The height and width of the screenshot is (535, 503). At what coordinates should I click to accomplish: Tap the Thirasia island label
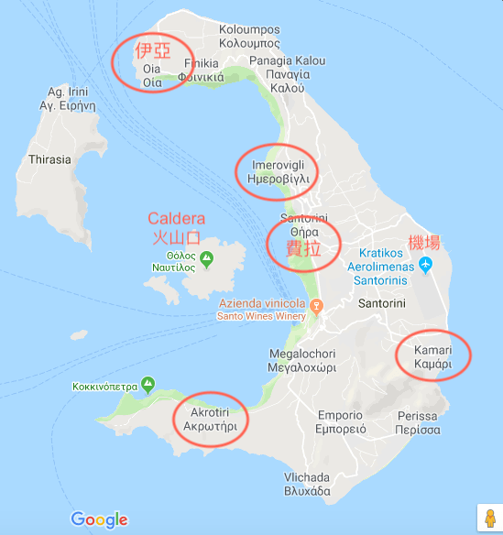[50, 159]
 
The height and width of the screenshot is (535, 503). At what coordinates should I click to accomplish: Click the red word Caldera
[176, 219]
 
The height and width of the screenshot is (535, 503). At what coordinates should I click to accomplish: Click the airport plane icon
[425, 265]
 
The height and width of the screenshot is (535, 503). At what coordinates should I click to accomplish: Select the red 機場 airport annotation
[423, 243]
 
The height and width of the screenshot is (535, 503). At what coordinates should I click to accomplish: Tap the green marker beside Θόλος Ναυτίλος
[207, 260]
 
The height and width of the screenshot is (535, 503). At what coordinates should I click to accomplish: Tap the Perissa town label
[418, 421]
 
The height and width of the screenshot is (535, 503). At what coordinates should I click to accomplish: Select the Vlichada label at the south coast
[306, 484]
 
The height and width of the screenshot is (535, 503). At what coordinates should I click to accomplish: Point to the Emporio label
[340, 420]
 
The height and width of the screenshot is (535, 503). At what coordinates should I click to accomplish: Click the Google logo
[99, 519]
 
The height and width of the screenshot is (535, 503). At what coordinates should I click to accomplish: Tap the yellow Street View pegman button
[487, 517]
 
